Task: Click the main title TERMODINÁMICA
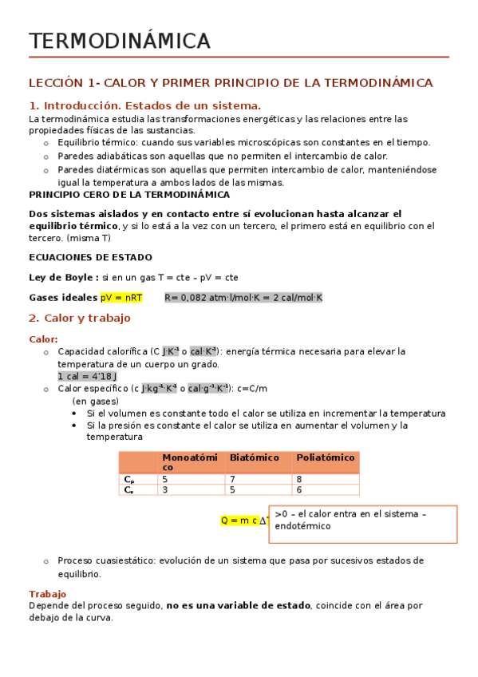pyautogui.click(x=120, y=41)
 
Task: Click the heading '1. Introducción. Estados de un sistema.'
pyautogui.click(x=144, y=106)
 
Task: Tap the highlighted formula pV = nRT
pyautogui.click(x=121, y=298)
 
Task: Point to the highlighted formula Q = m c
pyautogui.click(x=239, y=521)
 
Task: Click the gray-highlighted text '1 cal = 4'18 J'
pyautogui.click(x=88, y=376)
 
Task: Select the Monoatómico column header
pyautogui.click(x=189, y=461)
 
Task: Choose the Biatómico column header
pyautogui.click(x=254, y=457)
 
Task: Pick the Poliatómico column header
pyautogui.click(x=325, y=457)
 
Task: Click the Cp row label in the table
pyautogui.click(x=128, y=479)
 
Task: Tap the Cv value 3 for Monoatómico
pyautogui.click(x=165, y=489)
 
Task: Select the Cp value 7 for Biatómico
pyautogui.click(x=232, y=479)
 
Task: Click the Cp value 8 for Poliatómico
pyautogui.click(x=299, y=479)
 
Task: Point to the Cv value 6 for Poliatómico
pyautogui.click(x=299, y=489)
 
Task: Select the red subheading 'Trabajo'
pyautogui.click(x=47, y=594)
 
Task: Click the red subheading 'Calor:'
pyautogui.click(x=43, y=338)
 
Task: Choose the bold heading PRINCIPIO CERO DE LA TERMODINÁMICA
pyautogui.click(x=129, y=194)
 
